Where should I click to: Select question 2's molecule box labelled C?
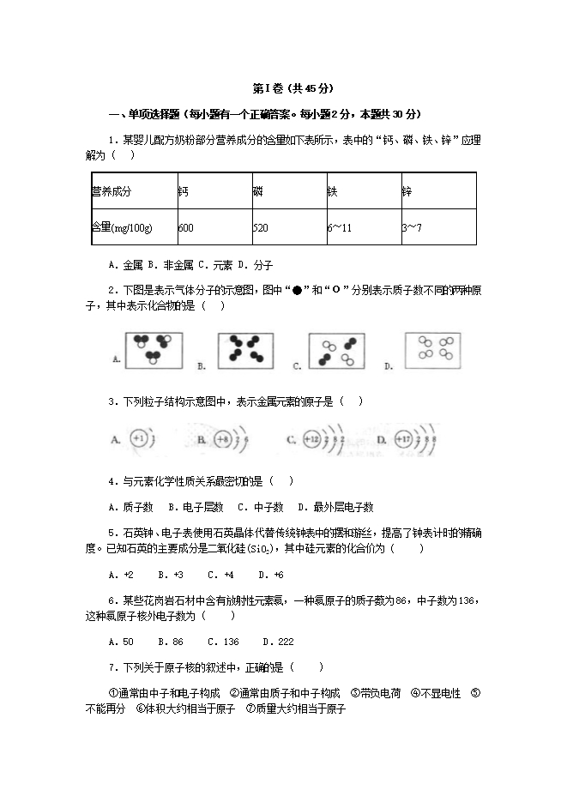336,351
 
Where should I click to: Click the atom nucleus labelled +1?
140,439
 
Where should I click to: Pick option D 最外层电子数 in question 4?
335,507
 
